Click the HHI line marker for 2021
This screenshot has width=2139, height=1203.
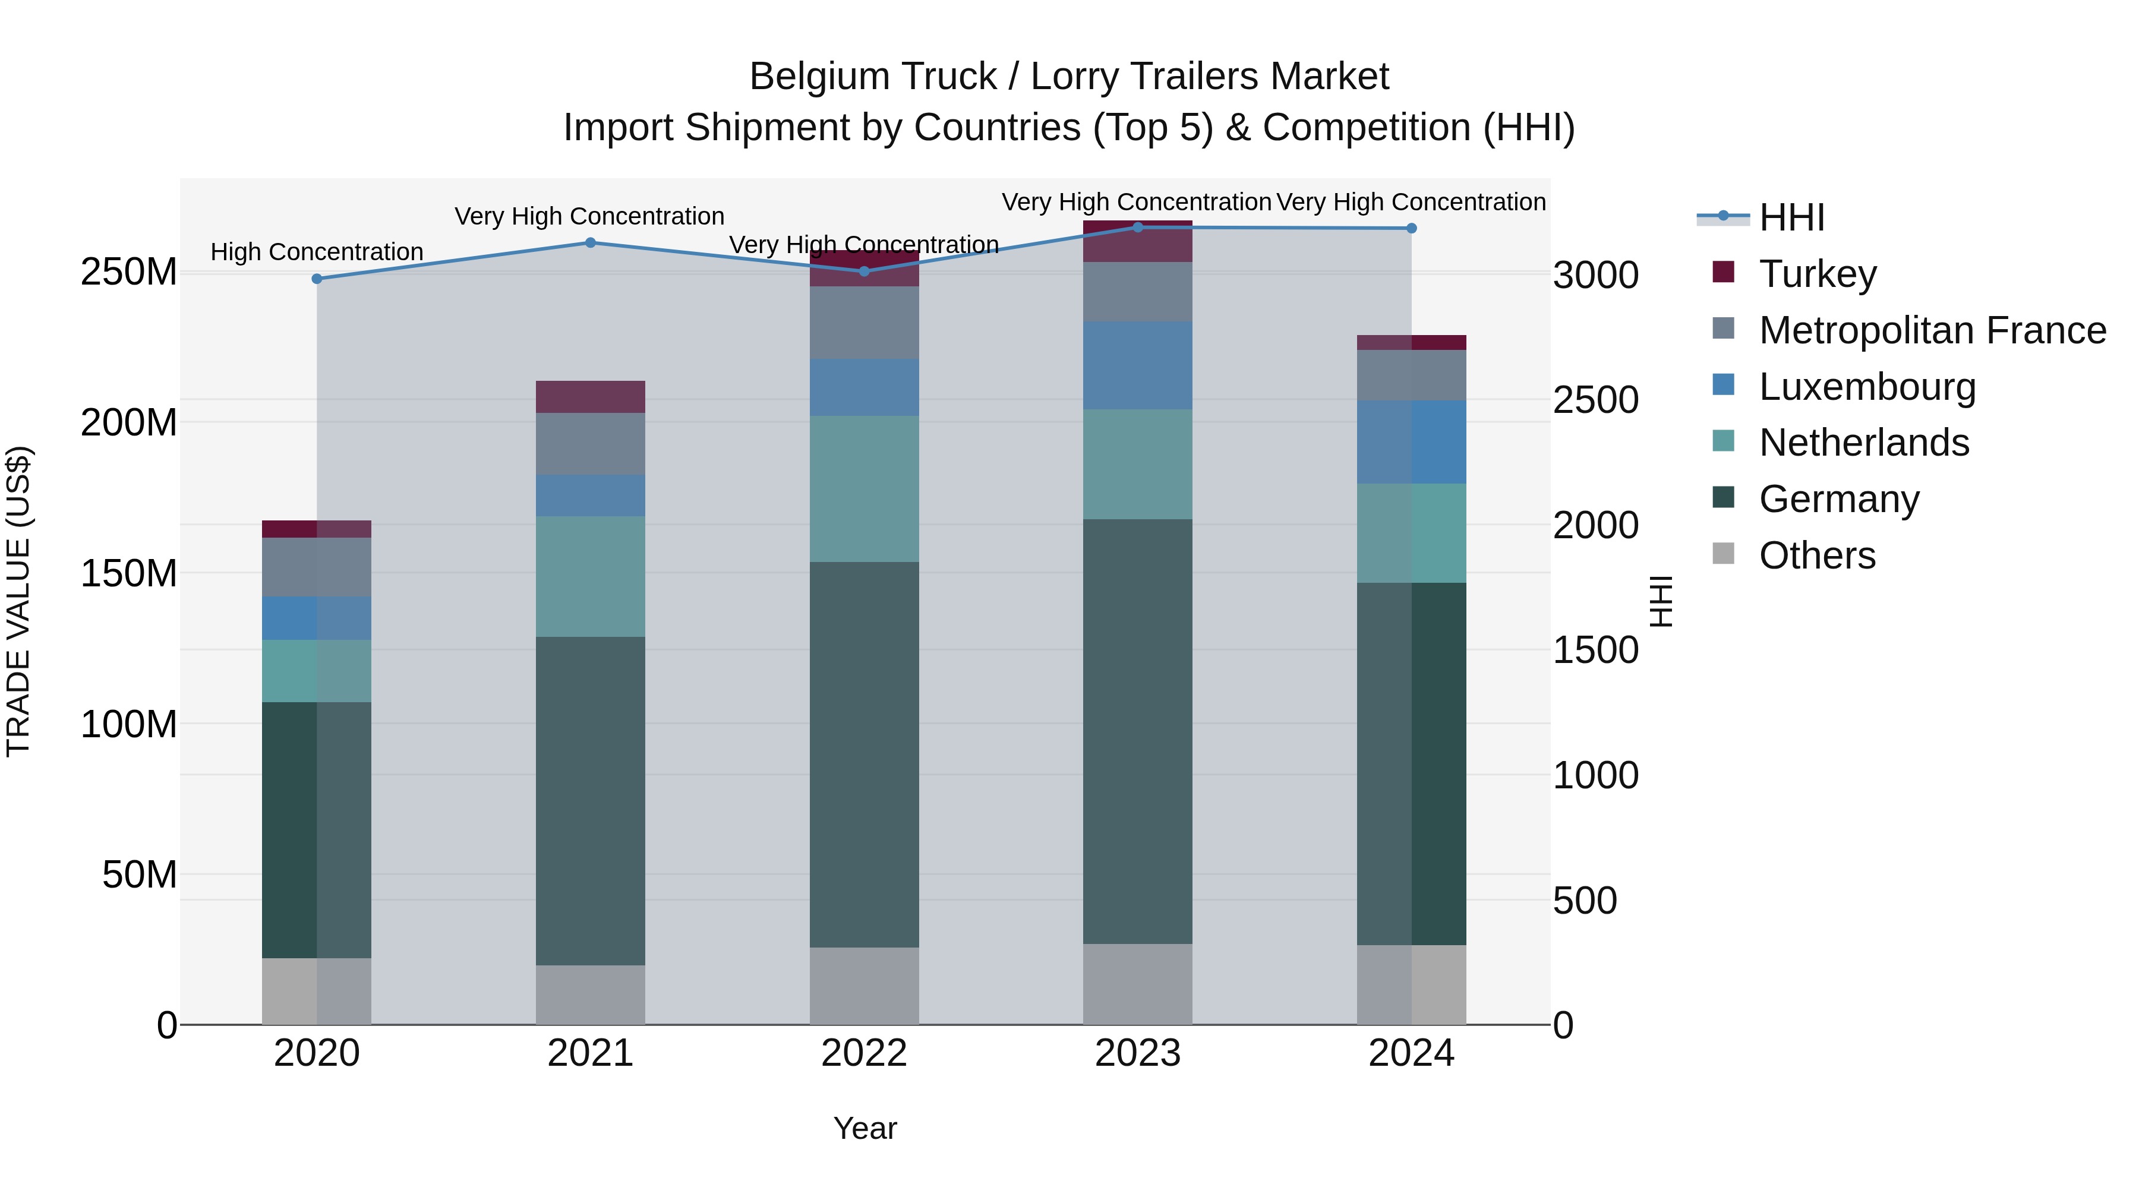(x=591, y=243)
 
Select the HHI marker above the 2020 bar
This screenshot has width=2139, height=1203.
(x=316, y=279)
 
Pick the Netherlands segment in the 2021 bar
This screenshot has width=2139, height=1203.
(x=591, y=576)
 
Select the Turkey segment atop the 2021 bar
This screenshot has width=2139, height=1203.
(x=591, y=397)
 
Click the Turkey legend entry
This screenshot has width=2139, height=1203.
(x=1817, y=274)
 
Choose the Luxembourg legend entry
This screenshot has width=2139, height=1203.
(x=1867, y=387)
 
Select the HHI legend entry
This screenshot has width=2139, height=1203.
(x=1791, y=217)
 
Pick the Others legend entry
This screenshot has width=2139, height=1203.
(x=1817, y=555)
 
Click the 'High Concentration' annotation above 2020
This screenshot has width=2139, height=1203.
(x=316, y=251)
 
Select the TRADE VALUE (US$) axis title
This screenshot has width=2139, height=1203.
(x=18, y=601)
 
